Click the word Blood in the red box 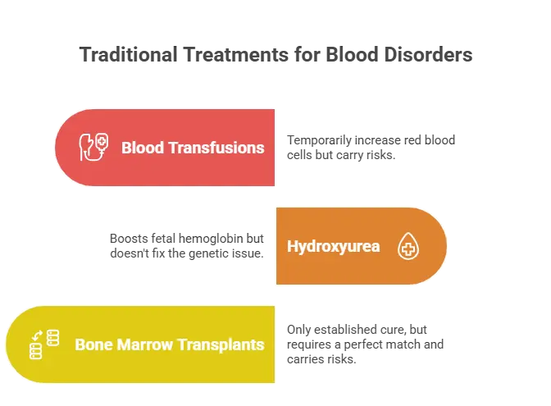[x=141, y=148]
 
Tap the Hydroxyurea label [x=333, y=246]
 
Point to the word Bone [x=92, y=344]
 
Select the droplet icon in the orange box [x=408, y=246]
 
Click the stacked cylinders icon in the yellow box [x=45, y=344]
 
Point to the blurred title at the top [x=275, y=57]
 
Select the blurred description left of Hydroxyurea [x=187, y=245]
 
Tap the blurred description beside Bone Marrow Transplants [x=366, y=344]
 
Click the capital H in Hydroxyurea [x=292, y=246]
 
